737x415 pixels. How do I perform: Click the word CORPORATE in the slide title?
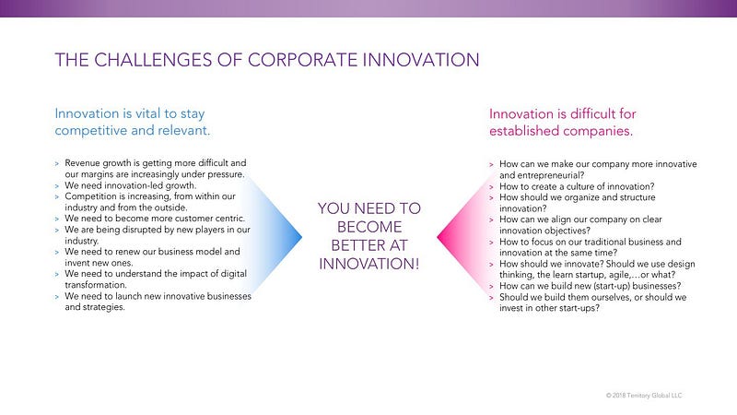coord(303,60)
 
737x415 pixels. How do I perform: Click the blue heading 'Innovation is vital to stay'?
coord(130,113)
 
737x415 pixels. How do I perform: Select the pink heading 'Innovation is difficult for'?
coord(563,113)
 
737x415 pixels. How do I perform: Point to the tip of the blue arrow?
coord(302,237)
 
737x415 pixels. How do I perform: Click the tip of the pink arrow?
coord(437,237)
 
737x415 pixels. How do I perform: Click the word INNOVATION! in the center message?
coord(369,264)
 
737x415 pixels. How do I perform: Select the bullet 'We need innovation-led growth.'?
coord(131,185)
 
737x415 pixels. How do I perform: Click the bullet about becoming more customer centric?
coord(155,219)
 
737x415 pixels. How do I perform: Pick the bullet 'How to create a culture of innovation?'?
coord(577,186)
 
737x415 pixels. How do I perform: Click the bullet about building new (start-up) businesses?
coord(590,286)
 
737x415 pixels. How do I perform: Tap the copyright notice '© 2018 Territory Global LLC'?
coord(644,396)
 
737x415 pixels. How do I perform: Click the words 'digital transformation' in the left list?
coord(156,279)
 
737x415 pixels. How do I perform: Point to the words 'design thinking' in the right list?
coord(597,269)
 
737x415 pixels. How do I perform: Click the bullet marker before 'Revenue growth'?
coord(57,164)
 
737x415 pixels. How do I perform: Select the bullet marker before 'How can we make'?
coord(491,165)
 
